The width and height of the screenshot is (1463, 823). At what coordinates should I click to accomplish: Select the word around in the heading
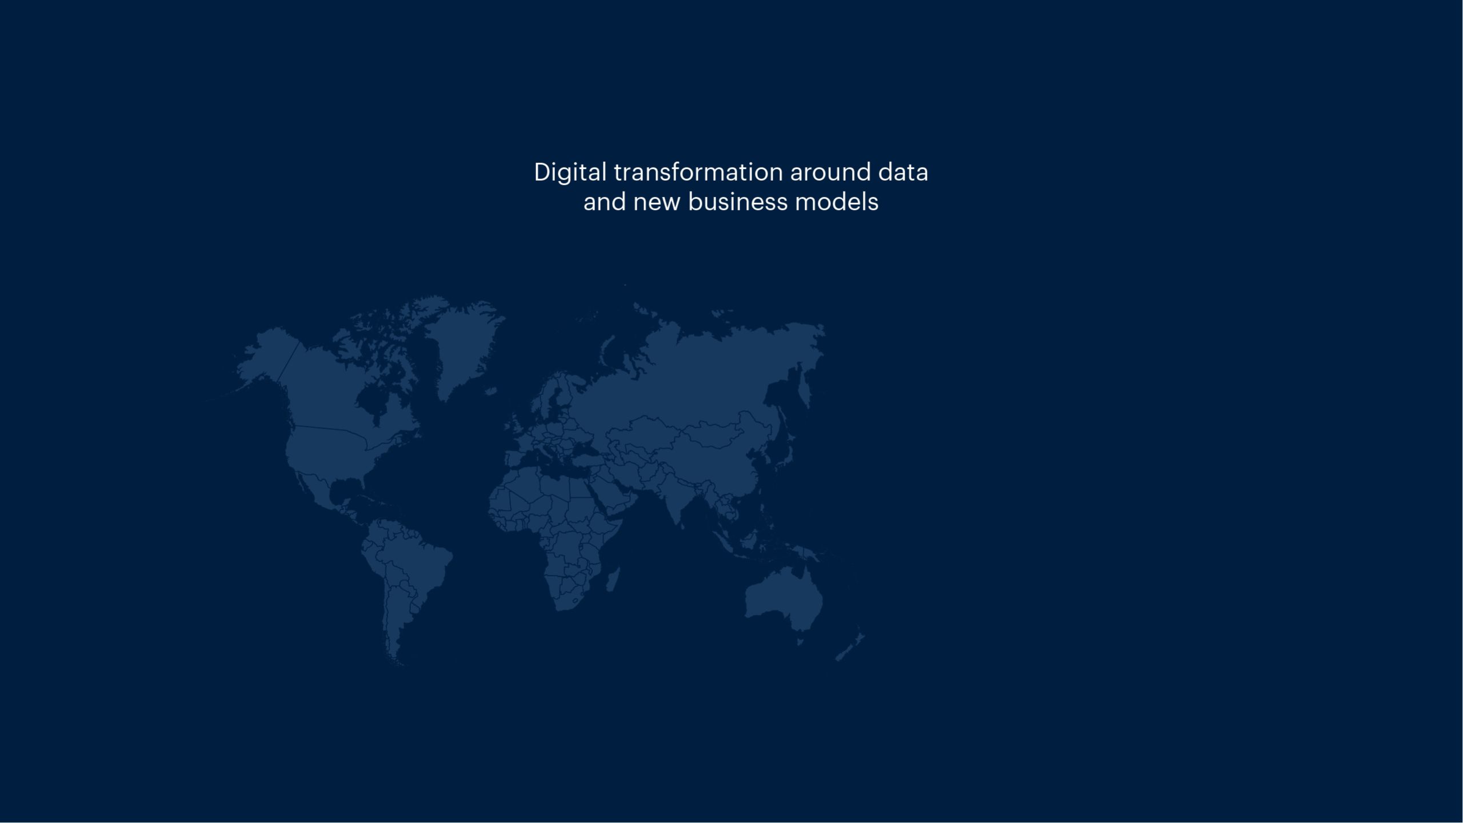point(830,172)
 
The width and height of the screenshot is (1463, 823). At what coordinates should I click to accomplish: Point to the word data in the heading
point(903,172)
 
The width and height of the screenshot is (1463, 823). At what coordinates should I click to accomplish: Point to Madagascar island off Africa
point(612,580)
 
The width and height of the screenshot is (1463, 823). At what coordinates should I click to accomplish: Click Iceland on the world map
point(490,391)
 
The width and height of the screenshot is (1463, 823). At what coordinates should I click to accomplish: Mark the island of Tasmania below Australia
point(801,642)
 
